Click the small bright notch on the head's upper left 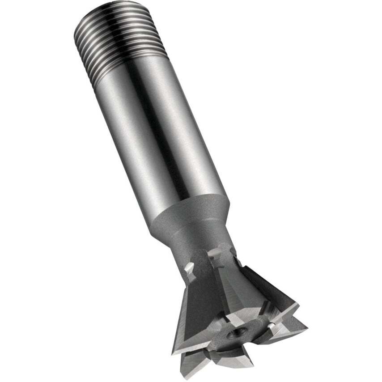pyautogui.click(x=190, y=270)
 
